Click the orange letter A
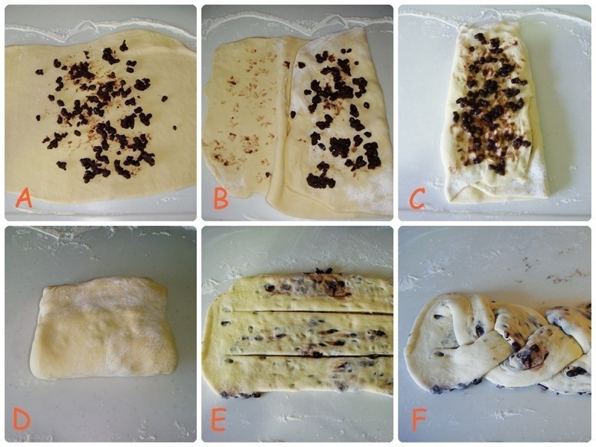pos(24,199)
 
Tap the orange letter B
pos(221,199)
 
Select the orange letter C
pos(416,198)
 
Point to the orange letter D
pos(22,419)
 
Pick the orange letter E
pos(218,419)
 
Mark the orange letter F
pos(419,419)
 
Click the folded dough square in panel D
pos(104,328)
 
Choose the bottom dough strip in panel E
pos(300,375)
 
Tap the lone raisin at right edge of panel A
pos(174,127)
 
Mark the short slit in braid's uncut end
pos(451,346)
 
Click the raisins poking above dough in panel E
pos(324,270)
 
